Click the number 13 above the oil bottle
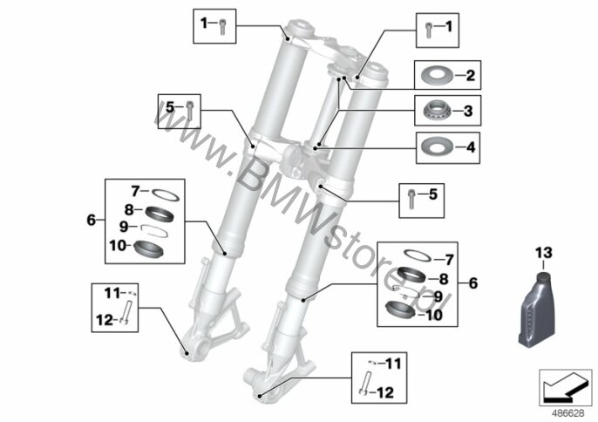[x=543, y=253]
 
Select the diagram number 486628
[x=568, y=413]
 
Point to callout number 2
[x=471, y=75]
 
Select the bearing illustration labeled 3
[x=438, y=111]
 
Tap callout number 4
[x=471, y=147]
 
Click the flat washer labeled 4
[x=437, y=146]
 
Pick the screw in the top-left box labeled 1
[x=223, y=27]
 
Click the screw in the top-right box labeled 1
[x=429, y=30]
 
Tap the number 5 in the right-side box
[x=432, y=194]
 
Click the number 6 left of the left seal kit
[x=92, y=221]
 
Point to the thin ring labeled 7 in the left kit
[x=166, y=194]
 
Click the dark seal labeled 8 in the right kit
[x=412, y=274]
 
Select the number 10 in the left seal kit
[x=118, y=246]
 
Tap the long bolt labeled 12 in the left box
[x=126, y=313]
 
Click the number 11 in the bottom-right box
[x=394, y=364]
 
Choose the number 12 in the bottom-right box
[x=384, y=392]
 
